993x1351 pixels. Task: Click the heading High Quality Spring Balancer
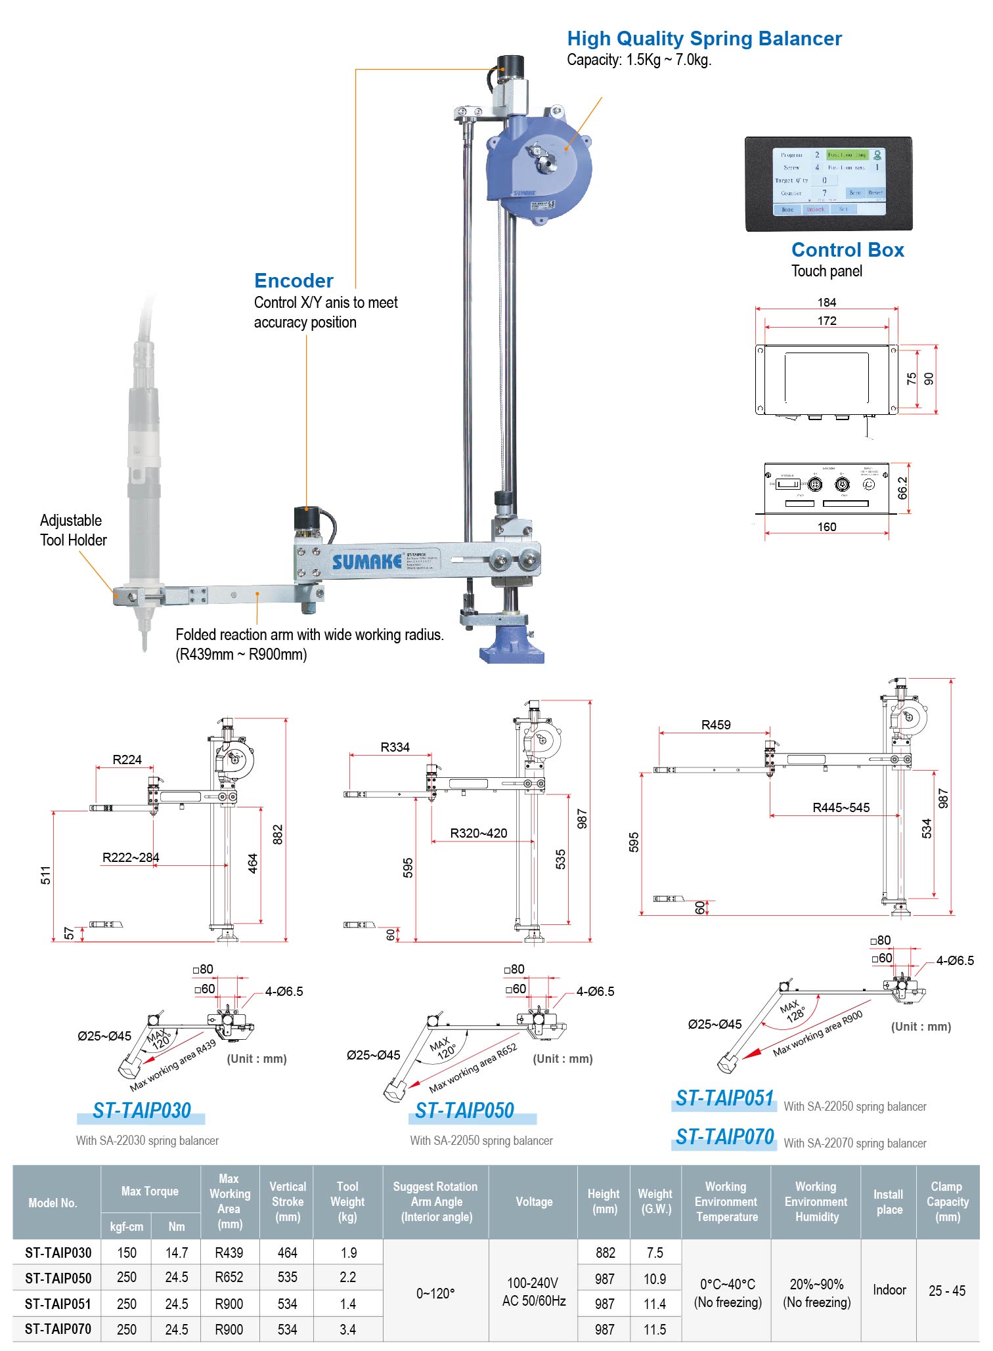pos(704,39)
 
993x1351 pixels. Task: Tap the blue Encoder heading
pos(294,281)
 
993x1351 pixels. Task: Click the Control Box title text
pos(847,250)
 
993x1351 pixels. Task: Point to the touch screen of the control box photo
pos(829,181)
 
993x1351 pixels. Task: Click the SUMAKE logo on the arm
pos(366,562)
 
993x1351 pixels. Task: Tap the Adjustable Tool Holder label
pos(73,530)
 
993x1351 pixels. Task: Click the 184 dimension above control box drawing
pos(826,303)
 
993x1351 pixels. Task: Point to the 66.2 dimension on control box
pos(902,488)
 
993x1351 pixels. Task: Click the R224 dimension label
pos(127,760)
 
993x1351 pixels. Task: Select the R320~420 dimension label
pos(478,833)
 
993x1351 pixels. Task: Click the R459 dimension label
pos(715,725)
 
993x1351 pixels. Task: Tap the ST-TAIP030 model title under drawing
pos(141,1111)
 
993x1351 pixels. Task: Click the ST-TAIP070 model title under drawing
pos(724,1137)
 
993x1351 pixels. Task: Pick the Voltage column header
pos(533,1201)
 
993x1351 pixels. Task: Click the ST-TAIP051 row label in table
pos(58,1304)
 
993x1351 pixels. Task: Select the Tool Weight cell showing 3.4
pos(347,1329)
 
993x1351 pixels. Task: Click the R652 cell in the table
pos(229,1277)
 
